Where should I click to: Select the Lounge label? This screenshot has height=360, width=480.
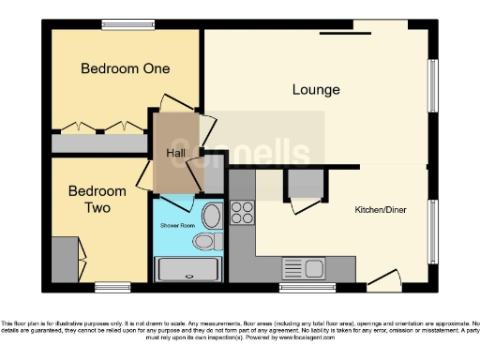tap(316, 90)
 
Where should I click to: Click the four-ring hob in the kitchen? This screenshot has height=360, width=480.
tap(242, 213)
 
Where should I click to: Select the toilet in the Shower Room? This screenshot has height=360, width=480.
tap(205, 242)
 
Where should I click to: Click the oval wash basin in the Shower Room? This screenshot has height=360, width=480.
tap(211, 216)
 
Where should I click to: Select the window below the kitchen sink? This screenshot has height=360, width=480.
tap(307, 286)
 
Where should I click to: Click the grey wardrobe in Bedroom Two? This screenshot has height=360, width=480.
tap(64, 260)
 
